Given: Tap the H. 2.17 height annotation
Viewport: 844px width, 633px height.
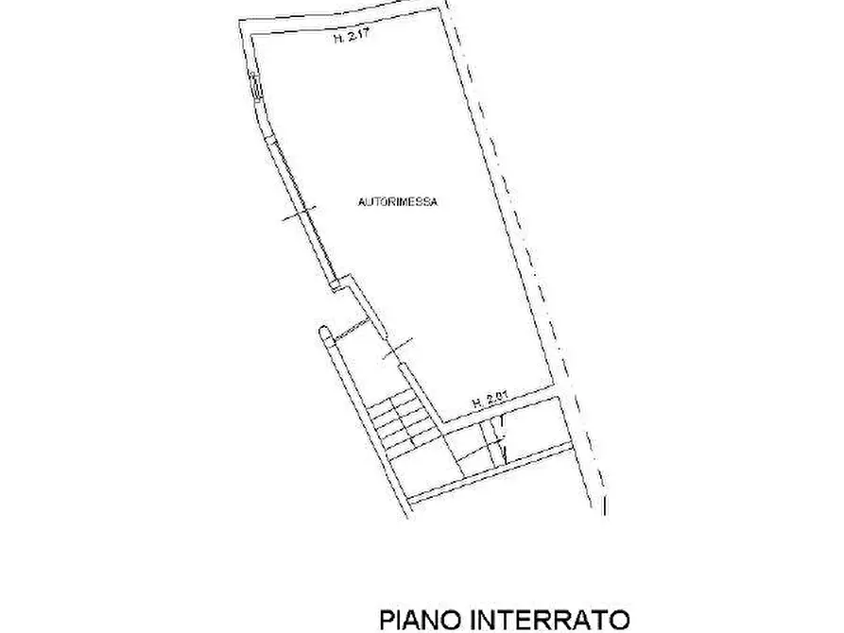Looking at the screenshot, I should pyautogui.click(x=351, y=40).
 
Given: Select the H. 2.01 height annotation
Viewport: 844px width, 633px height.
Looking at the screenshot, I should pyautogui.click(x=491, y=401).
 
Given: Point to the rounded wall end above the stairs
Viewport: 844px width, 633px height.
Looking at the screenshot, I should pyautogui.click(x=324, y=333).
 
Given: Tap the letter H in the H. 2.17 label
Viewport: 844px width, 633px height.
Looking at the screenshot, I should pyautogui.click(x=336, y=40).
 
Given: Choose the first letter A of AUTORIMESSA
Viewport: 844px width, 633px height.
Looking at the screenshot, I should pyautogui.click(x=362, y=201).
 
